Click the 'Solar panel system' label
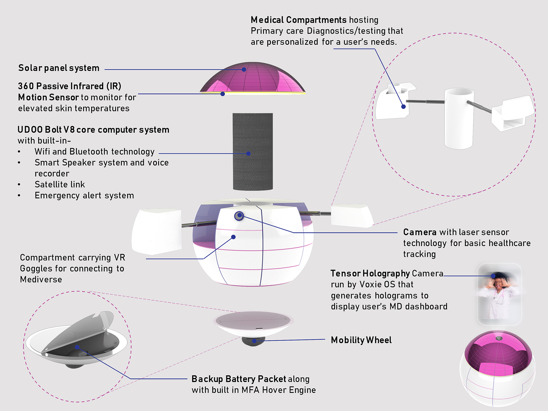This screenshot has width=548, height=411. [59, 68]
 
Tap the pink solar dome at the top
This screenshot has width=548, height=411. [252, 78]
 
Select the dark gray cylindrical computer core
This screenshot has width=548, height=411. [252, 152]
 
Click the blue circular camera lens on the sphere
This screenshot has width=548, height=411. [239, 215]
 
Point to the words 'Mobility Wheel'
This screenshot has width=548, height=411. [361, 340]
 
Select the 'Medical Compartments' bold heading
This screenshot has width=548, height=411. [298, 20]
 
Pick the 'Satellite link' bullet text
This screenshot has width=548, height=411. [60, 184]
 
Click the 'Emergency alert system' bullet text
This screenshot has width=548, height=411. [84, 196]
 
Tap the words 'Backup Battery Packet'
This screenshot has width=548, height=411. [238, 379]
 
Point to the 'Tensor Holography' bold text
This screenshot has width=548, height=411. [370, 273]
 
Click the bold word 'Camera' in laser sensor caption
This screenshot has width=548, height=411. [419, 232]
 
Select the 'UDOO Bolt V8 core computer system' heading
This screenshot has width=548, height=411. [93, 130]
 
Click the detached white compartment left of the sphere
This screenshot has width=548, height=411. [157, 231]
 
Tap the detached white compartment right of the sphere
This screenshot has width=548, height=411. [350, 215]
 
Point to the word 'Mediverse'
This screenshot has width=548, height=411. [41, 279]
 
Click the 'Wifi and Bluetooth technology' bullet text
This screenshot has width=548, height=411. [94, 152]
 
